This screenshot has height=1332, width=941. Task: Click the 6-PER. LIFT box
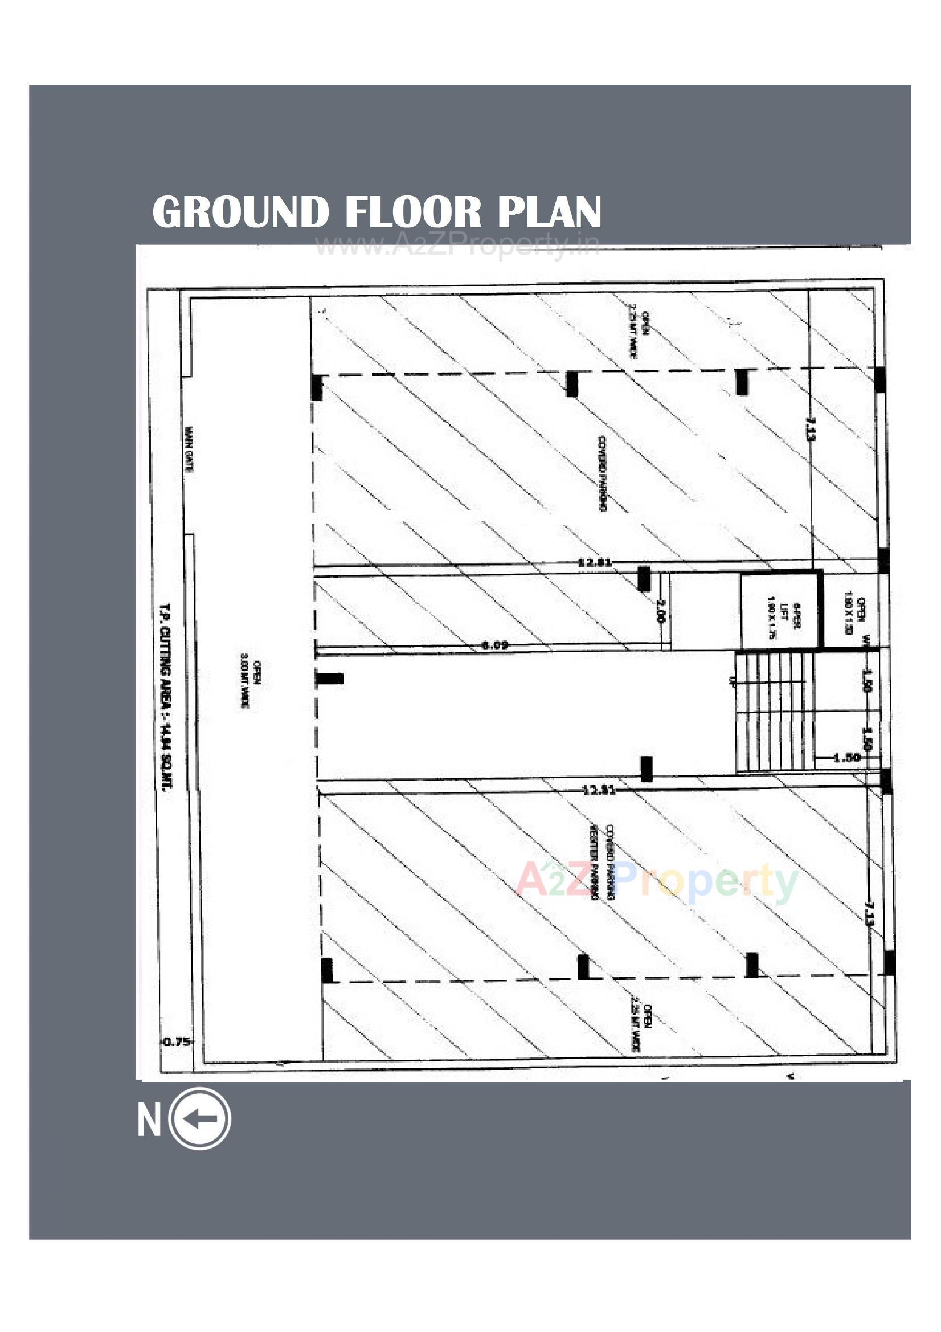[x=779, y=611]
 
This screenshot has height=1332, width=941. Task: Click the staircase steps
[x=775, y=713]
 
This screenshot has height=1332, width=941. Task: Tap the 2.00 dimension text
[x=660, y=610]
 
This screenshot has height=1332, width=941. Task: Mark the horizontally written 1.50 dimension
[x=846, y=758]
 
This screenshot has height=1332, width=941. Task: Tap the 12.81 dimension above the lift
[x=595, y=562]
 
